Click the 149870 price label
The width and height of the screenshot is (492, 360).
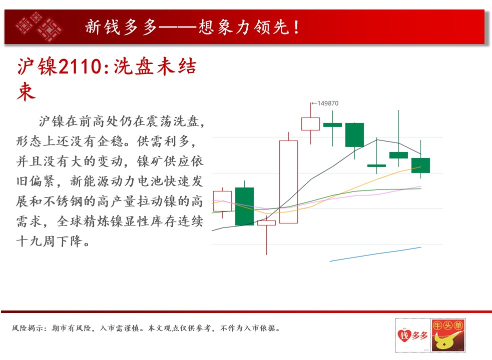pos(328,103)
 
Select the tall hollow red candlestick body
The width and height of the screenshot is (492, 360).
pos(288,182)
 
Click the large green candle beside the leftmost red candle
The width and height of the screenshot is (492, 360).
pos(244,206)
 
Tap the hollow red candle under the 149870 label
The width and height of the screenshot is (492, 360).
pos(311,124)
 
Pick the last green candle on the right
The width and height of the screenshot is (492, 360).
pos(421,165)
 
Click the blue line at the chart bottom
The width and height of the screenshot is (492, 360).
pos(375,254)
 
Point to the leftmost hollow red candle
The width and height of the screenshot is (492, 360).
pos(222,201)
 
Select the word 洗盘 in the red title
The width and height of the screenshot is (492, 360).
pos(134,66)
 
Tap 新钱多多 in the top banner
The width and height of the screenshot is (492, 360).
pos(121,27)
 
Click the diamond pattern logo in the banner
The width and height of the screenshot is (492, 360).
pos(39,26)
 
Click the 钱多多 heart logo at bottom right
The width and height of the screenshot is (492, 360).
pos(412,335)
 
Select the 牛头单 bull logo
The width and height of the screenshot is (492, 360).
pos(448,335)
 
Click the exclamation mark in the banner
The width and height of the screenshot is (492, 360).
pos(296,27)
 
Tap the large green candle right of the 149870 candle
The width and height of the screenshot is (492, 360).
pos(354,135)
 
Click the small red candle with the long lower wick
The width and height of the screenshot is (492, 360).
pos(266,223)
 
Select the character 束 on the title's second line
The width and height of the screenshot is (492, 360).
pos(27,91)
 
